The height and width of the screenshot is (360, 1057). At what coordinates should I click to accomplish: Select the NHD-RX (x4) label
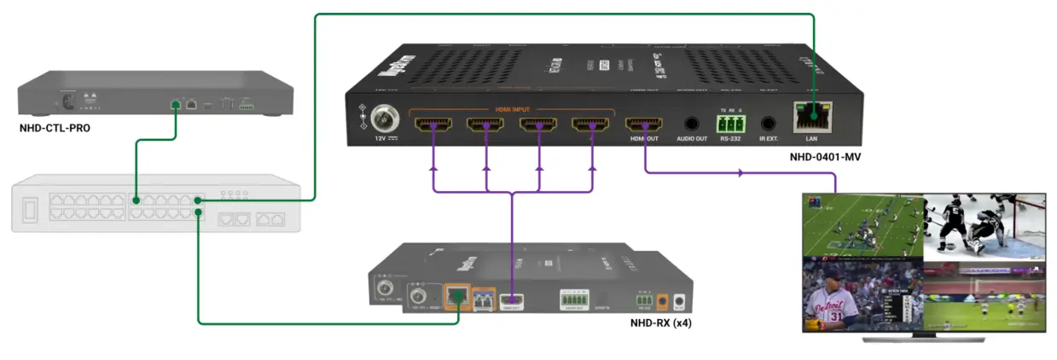pyautogui.click(x=660, y=324)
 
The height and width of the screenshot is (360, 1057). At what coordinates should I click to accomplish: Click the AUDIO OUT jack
pyautogui.click(x=691, y=125)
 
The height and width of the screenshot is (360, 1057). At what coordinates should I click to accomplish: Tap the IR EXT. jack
pyautogui.click(x=770, y=125)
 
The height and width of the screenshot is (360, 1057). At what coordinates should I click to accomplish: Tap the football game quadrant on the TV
pyautogui.click(x=863, y=225)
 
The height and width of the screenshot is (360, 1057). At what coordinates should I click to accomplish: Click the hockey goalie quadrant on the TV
pyautogui.click(x=984, y=225)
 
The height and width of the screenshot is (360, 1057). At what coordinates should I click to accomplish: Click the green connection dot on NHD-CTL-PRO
pyautogui.click(x=175, y=105)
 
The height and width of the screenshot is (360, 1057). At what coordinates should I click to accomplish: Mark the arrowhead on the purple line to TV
pyautogui.click(x=739, y=173)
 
